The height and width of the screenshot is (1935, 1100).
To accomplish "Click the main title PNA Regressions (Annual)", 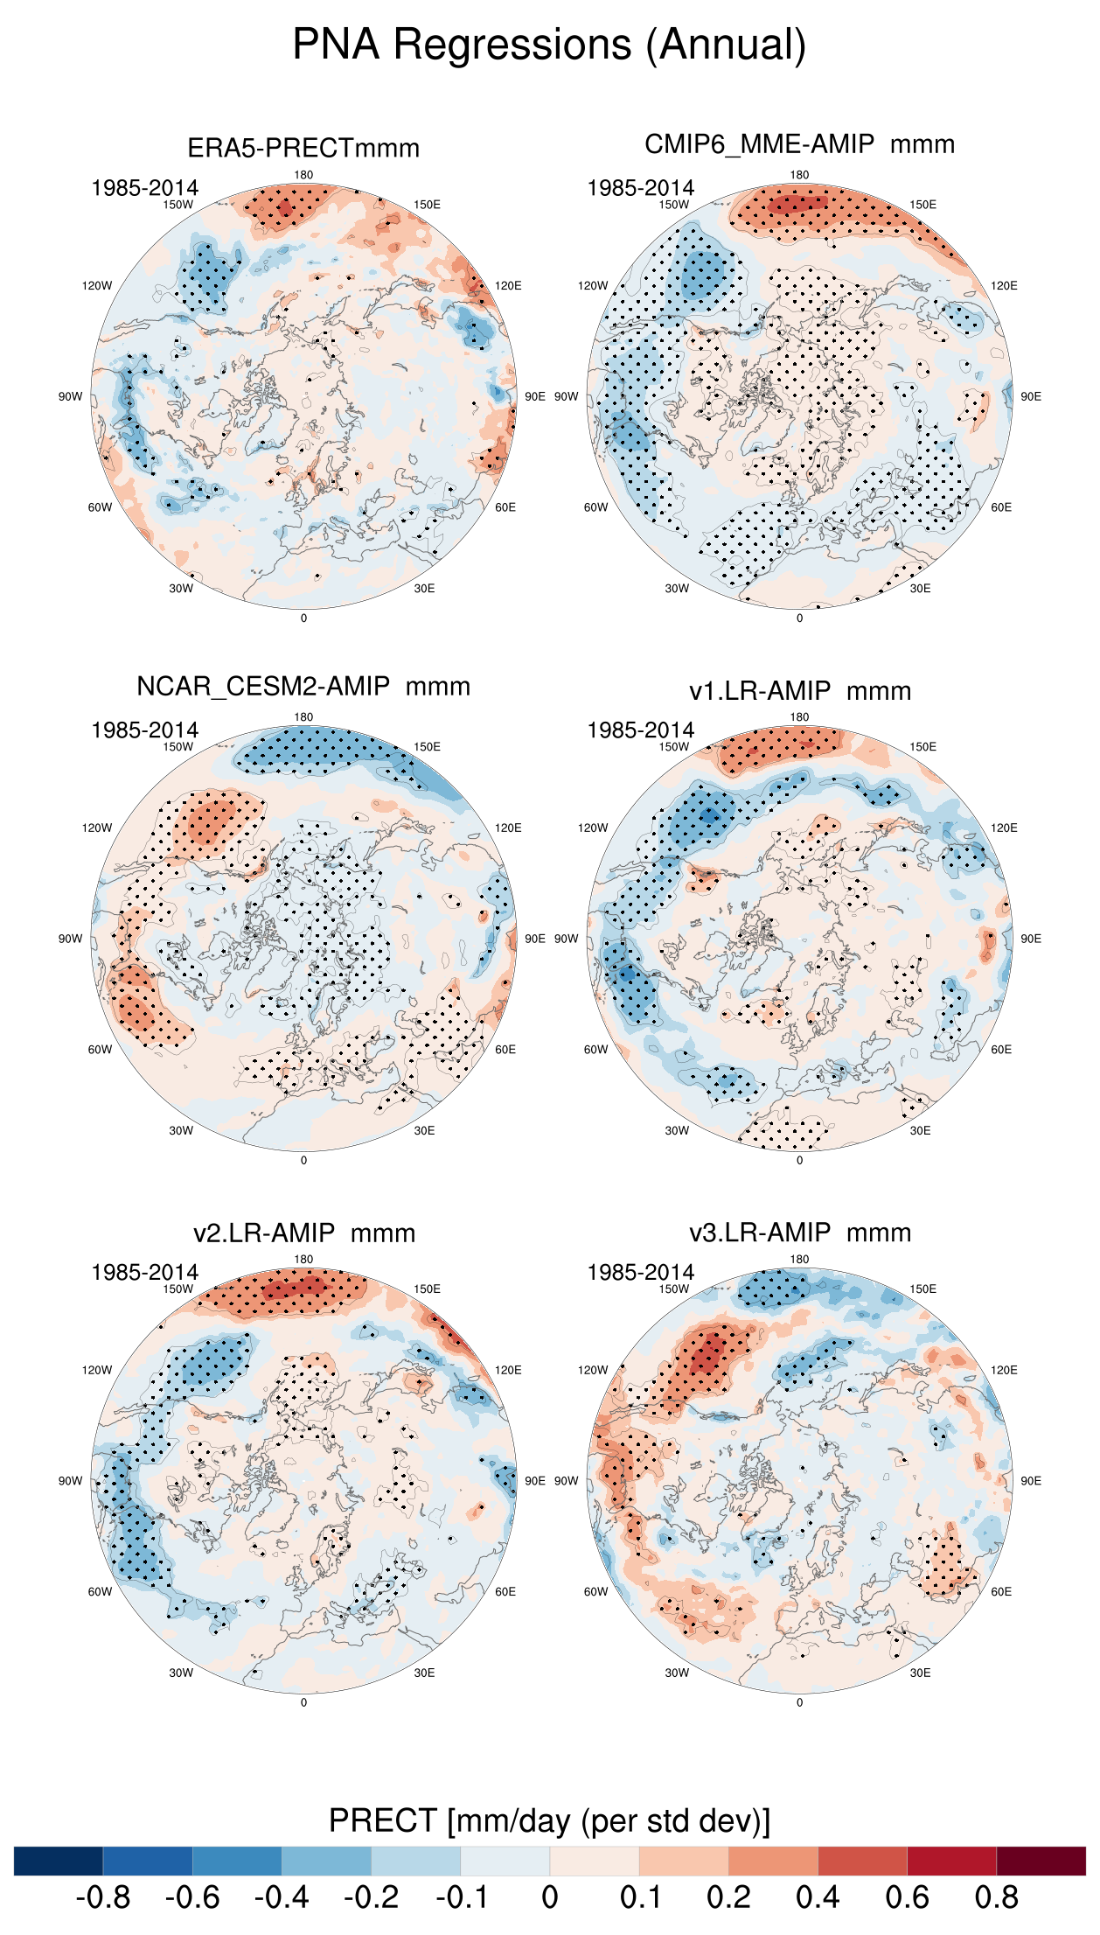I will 549,45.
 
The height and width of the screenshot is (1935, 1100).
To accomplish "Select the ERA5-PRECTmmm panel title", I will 303,148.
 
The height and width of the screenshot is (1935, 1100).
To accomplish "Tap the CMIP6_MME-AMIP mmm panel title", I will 799,144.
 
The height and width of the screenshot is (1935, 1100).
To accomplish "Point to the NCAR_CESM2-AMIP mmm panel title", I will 303,687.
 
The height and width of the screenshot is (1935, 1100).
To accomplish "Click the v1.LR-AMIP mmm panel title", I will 799,691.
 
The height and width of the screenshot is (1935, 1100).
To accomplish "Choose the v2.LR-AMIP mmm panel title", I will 303,1233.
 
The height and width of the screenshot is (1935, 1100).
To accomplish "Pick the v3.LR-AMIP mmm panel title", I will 799,1233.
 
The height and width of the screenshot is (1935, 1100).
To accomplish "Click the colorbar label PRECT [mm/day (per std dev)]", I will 549,1820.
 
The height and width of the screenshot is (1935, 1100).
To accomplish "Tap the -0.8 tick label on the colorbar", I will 103,1897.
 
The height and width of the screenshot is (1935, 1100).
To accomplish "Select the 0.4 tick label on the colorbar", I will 818,1897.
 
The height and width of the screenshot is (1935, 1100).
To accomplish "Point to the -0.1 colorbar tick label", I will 461,1897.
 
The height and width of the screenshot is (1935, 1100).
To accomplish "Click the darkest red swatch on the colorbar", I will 1041,1861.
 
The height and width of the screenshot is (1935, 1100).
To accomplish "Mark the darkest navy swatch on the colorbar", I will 59,1861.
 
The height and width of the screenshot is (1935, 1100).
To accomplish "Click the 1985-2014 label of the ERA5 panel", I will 144,188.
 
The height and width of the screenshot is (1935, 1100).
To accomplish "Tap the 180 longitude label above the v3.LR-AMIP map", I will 799,1260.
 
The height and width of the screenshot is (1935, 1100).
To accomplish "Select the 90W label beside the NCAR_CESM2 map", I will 70,939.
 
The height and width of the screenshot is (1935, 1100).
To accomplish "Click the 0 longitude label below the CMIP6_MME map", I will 799,618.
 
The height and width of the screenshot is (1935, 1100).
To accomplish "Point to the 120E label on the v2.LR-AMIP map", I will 508,1370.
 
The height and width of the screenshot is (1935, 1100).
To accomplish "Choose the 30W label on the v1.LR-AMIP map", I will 677,1130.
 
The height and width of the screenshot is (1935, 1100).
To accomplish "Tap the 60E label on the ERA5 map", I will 505,507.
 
